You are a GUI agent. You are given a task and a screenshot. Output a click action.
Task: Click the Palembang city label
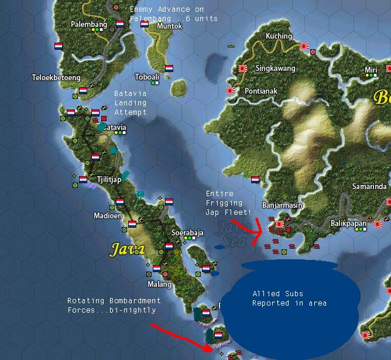[x=88, y=25]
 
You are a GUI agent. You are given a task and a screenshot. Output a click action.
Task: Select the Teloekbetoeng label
[x=56, y=77]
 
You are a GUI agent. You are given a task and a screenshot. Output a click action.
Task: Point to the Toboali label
[x=147, y=77]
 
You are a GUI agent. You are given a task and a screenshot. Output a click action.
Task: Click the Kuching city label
[x=279, y=36]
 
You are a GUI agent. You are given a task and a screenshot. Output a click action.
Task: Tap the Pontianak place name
[x=261, y=91]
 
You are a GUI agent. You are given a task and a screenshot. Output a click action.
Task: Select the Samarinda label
[x=369, y=187]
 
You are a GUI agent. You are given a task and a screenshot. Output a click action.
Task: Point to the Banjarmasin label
[x=283, y=205]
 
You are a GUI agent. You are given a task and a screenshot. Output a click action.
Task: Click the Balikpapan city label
[x=348, y=224]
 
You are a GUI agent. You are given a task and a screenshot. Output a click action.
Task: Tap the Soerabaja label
[x=187, y=232]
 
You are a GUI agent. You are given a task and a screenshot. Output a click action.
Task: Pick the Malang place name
[x=159, y=284]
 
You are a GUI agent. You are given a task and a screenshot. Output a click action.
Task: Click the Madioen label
[x=108, y=215]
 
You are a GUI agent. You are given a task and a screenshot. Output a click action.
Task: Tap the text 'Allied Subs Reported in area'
[x=290, y=298]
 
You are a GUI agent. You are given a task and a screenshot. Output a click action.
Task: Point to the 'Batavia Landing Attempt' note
[x=131, y=102]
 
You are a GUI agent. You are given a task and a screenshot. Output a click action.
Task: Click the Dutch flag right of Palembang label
[x=120, y=25]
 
